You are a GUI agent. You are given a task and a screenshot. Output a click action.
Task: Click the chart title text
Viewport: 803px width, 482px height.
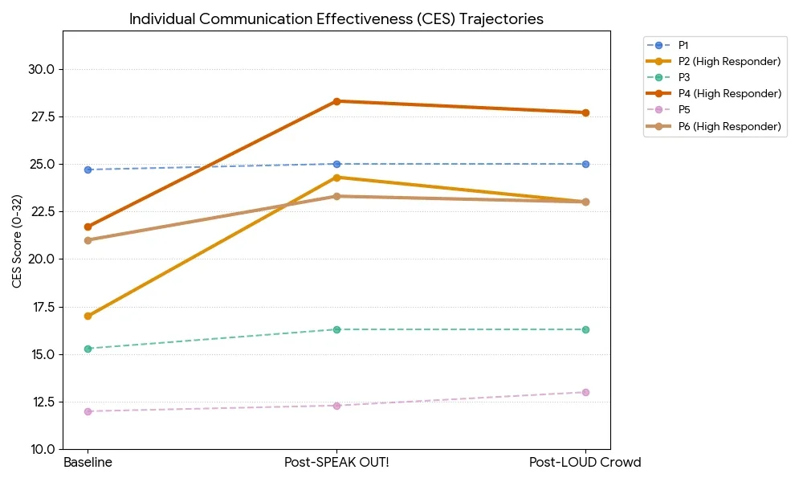point(336,19)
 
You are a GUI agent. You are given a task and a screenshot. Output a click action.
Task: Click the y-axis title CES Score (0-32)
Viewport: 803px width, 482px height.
point(17,239)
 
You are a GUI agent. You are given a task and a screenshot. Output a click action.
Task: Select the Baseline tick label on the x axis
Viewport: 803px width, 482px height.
point(88,463)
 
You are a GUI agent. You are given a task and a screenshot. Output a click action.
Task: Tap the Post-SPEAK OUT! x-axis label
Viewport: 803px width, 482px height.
point(336,463)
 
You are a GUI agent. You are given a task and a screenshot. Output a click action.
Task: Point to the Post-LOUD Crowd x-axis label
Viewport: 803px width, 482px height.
point(585,463)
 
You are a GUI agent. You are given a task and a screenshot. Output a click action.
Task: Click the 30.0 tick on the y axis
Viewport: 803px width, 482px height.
point(40,69)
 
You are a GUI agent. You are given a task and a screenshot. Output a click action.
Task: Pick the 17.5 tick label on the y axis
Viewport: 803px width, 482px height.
point(40,307)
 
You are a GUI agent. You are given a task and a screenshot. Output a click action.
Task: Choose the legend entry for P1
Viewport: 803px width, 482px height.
point(684,45)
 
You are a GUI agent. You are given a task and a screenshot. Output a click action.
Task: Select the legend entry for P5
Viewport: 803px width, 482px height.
point(684,109)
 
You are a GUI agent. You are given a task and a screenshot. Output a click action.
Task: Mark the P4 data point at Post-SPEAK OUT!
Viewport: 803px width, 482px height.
point(336,101)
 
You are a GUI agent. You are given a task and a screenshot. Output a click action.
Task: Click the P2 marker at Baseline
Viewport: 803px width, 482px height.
point(88,316)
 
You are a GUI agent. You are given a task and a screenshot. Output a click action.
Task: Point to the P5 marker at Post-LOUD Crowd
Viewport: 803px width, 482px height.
point(585,392)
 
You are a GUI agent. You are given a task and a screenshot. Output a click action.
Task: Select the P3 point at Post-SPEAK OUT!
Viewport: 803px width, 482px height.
point(336,329)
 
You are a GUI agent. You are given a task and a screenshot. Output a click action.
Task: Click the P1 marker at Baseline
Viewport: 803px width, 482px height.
point(88,170)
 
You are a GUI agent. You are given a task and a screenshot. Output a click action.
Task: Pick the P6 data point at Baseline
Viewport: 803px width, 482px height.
point(88,240)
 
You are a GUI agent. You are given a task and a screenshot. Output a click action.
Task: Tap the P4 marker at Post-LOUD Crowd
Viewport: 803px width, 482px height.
point(585,112)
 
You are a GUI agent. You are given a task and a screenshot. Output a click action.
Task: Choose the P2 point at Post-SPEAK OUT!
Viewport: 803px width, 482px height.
point(336,178)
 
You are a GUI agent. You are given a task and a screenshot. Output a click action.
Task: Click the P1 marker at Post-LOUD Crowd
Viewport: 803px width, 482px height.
point(585,164)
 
